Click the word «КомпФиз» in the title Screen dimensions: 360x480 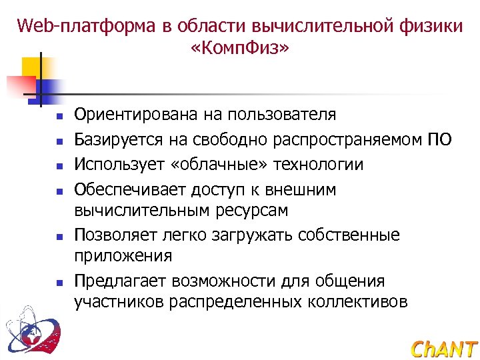click(x=240, y=49)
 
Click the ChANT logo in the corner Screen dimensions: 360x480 click(x=444, y=349)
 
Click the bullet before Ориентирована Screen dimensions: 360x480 click(x=59, y=116)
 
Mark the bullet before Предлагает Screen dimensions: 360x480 click(x=59, y=282)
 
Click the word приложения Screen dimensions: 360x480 click(x=123, y=256)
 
